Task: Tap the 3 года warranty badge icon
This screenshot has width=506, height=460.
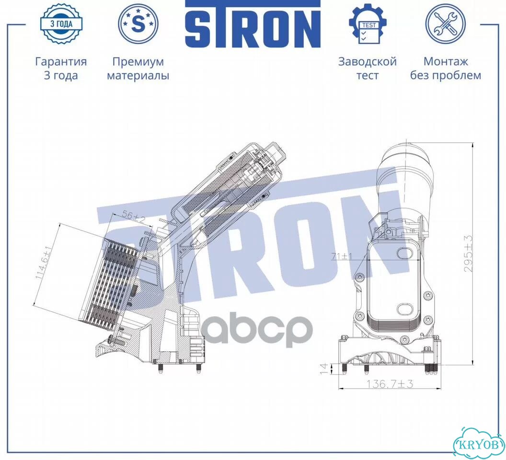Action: click(61, 23)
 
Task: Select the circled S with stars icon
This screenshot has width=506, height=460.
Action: click(138, 23)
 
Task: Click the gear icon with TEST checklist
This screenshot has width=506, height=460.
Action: click(368, 23)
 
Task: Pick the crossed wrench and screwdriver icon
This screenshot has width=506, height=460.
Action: click(445, 23)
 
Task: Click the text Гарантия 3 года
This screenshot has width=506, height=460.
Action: click(61, 69)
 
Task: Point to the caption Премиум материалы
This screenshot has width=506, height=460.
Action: click(138, 69)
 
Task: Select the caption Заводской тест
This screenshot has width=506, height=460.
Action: click(367, 69)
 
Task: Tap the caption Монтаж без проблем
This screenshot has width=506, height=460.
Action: click(446, 69)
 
